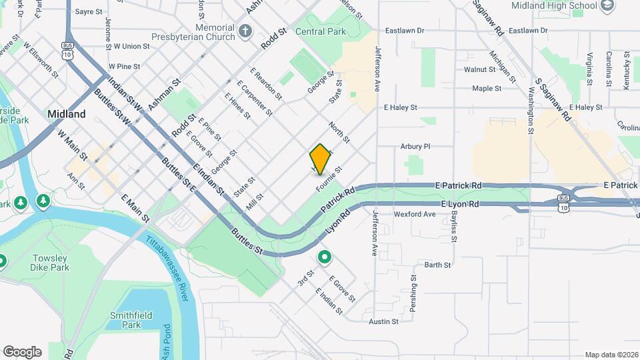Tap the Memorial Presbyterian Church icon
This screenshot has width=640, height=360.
click(x=245, y=31)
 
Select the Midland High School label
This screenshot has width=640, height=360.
click(x=553, y=6)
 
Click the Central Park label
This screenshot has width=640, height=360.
click(x=321, y=31)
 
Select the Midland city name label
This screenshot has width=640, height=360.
click(x=67, y=114)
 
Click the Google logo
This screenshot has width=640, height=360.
click(x=22, y=352)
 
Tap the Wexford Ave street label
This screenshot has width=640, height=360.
click(x=415, y=215)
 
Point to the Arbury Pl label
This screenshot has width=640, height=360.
click(x=415, y=146)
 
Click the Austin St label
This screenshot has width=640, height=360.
click(x=383, y=321)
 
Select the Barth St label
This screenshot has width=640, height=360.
click(x=438, y=265)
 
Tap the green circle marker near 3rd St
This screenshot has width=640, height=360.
click(x=325, y=257)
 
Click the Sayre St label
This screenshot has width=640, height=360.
click(x=89, y=12)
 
